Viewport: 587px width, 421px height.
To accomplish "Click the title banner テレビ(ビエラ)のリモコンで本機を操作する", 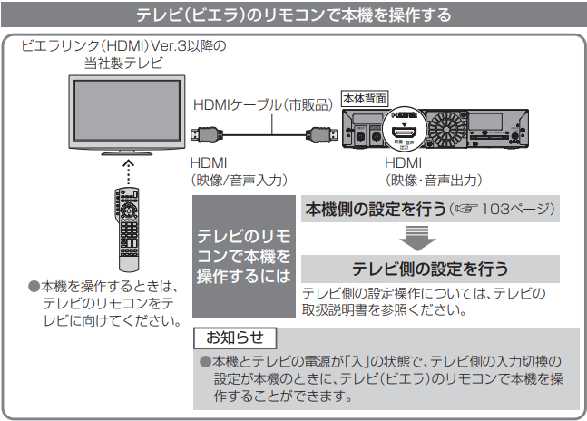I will pyautogui.click(x=292, y=16).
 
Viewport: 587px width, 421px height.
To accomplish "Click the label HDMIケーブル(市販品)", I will pyautogui.click(x=262, y=106).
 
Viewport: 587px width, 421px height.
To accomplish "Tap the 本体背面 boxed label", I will pyautogui.click(x=364, y=95).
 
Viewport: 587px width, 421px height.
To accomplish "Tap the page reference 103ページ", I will pyautogui.click(x=516, y=210).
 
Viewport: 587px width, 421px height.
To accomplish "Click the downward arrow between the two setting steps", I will pyautogui.click(x=416, y=240).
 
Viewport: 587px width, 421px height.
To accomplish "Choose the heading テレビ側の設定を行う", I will pyautogui.click(x=429, y=269).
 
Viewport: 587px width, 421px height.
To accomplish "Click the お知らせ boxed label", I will pyautogui.click(x=234, y=338).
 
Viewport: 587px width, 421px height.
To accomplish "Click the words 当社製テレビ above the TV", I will pyautogui.click(x=123, y=62).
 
